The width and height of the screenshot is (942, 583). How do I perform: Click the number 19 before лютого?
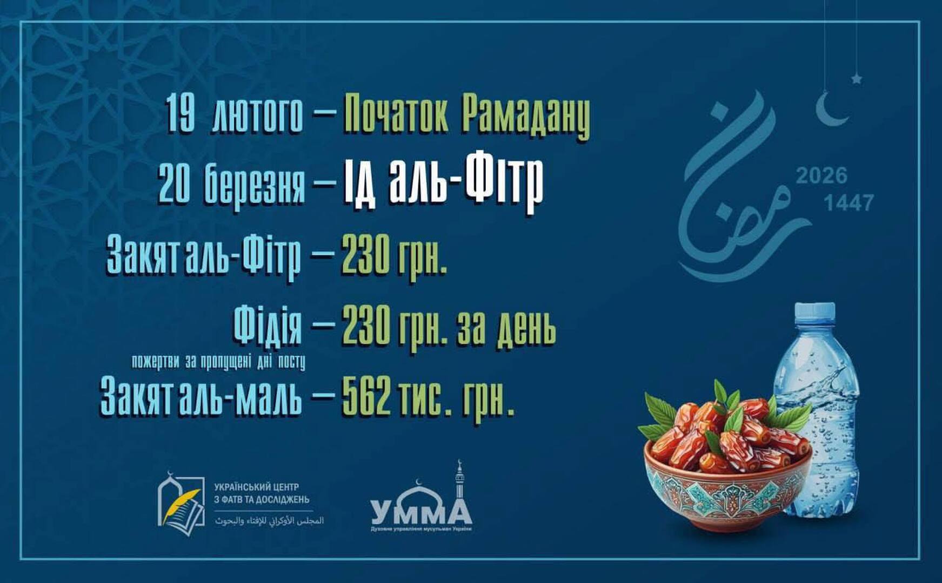tap(180, 113)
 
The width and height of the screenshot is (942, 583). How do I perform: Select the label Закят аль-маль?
tap(201, 398)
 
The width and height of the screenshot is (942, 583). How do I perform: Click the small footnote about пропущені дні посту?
tap(218, 362)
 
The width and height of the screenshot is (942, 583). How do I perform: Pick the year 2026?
tap(821, 176)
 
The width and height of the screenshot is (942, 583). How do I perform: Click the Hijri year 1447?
tap(848, 204)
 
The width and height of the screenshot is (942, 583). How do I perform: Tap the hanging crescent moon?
tap(831, 109)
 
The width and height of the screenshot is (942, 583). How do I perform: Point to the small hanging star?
tap(857, 79)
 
